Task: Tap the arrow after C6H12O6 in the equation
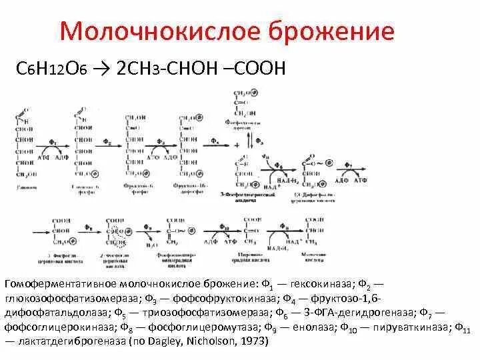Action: [x=105, y=69]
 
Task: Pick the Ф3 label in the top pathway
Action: [x=160, y=141]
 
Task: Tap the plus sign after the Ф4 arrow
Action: [x=235, y=145]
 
